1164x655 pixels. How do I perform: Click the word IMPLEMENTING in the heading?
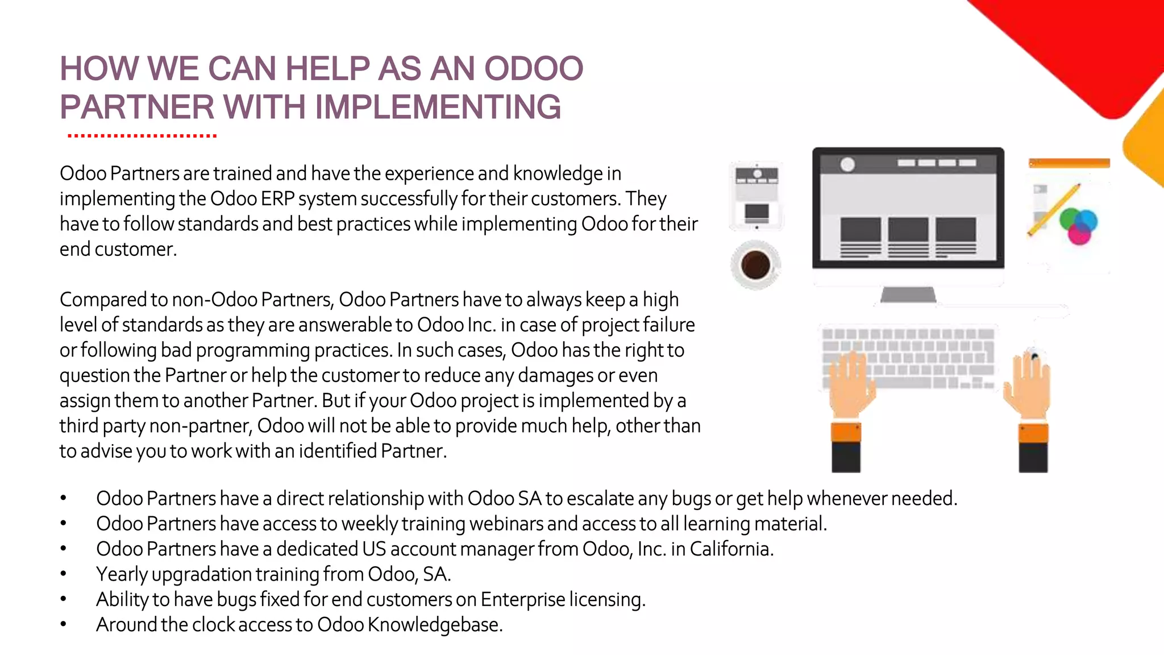(x=438, y=107)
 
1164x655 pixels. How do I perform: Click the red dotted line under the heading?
(x=142, y=136)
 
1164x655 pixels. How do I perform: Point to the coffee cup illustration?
(x=755, y=265)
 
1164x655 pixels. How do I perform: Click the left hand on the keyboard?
(x=849, y=384)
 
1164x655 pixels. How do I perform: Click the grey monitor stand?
(x=908, y=294)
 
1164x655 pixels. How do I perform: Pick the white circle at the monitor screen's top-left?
(x=847, y=164)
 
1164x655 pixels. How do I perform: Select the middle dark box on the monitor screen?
(x=908, y=230)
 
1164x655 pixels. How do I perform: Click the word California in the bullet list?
(x=731, y=549)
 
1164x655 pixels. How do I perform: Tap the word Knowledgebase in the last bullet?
(x=435, y=625)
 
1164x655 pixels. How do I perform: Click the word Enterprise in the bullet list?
(x=522, y=599)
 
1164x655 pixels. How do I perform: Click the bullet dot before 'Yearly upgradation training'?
(x=64, y=574)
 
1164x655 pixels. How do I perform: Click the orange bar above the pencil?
(x=1069, y=164)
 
